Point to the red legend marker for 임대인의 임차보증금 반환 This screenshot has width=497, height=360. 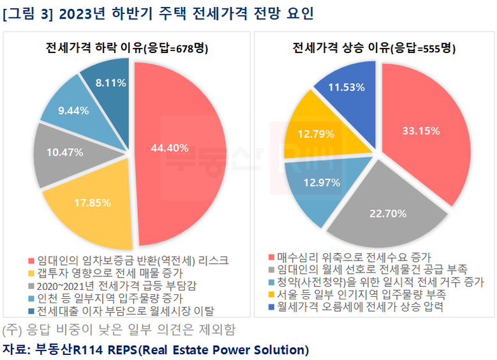click(x=32, y=261)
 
